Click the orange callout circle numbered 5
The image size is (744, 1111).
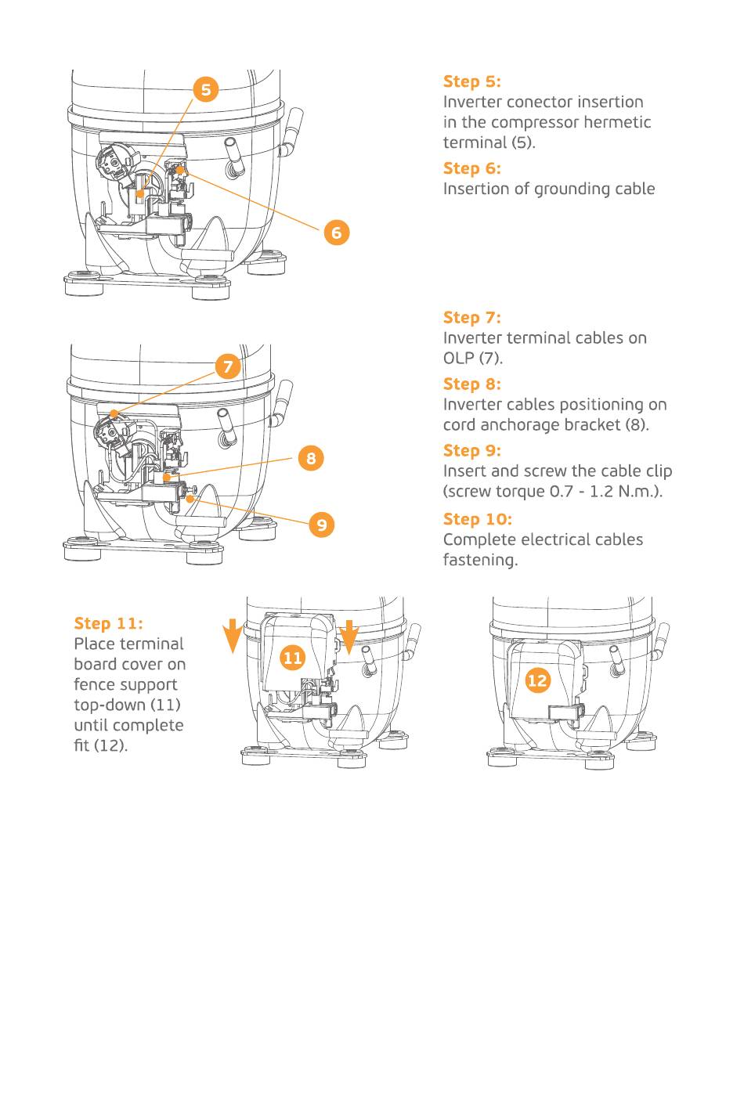[206, 89]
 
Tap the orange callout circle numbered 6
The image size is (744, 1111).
[337, 232]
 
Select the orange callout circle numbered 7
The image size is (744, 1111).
[228, 366]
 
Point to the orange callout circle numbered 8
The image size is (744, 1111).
[311, 458]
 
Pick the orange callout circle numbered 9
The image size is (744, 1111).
[322, 525]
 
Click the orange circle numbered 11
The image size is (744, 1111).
[292, 658]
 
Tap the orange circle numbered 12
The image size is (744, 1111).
[537, 680]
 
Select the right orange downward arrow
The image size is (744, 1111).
[349, 635]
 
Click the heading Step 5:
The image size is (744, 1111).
[471, 81]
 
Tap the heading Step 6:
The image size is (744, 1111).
[471, 168]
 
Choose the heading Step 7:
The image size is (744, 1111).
[471, 317]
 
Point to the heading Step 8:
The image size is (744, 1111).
[471, 384]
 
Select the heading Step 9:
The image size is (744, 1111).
[471, 450]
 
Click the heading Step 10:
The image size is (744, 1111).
[477, 519]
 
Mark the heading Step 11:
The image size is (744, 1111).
[108, 623]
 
